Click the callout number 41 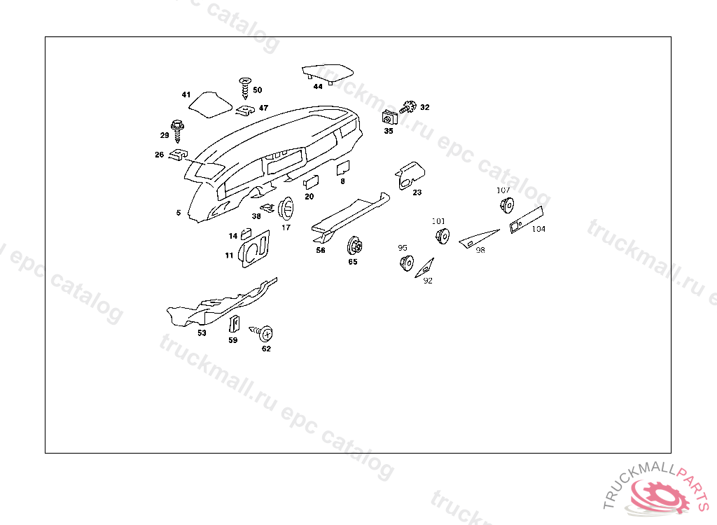pyautogui.click(x=186, y=94)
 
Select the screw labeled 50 pyautogui.click(x=245, y=87)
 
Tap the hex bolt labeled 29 pyautogui.click(x=177, y=131)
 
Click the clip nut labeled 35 pyautogui.click(x=389, y=118)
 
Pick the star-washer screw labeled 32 pyautogui.click(x=408, y=108)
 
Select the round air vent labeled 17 pyautogui.click(x=286, y=209)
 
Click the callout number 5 pyautogui.click(x=179, y=213)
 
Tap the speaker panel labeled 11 pyautogui.click(x=255, y=248)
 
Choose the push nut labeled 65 pyautogui.click(x=354, y=246)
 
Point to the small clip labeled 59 pyautogui.click(x=234, y=323)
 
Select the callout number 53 pyautogui.click(x=202, y=333)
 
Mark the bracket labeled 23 pyautogui.click(x=410, y=176)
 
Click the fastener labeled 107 pyautogui.click(x=507, y=205)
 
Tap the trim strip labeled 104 pyautogui.click(x=527, y=220)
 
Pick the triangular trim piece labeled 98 pyautogui.click(x=478, y=238)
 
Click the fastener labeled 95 pyautogui.click(x=407, y=263)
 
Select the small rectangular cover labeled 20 pyautogui.click(x=312, y=183)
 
